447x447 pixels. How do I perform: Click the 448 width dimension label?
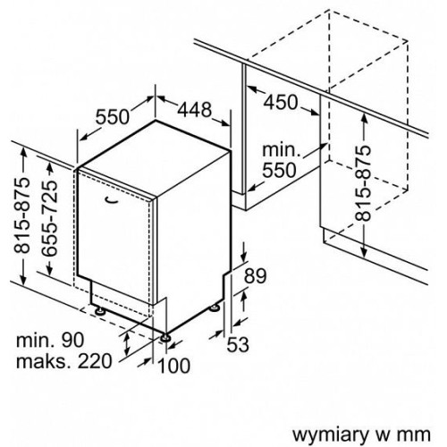(x=195, y=109)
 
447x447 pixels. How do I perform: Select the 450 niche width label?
(x=281, y=102)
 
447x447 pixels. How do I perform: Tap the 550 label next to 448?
(x=113, y=116)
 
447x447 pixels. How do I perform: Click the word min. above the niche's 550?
(x=281, y=150)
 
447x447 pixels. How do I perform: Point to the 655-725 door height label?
(x=49, y=219)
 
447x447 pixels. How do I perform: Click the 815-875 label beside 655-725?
(x=22, y=215)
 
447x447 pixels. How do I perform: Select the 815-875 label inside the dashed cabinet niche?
(x=364, y=183)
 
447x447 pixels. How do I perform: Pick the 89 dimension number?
(x=255, y=276)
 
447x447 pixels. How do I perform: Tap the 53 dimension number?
(x=238, y=345)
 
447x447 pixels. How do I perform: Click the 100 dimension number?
(x=173, y=366)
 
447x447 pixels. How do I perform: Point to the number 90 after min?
(x=73, y=340)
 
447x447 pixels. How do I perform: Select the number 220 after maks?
(x=95, y=361)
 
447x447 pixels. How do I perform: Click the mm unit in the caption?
(x=417, y=436)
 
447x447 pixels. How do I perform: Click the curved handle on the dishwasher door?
(x=112, y=200)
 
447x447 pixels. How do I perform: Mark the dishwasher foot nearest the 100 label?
(x=164, y=338)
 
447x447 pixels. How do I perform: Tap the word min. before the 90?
(x=35, y=340)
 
